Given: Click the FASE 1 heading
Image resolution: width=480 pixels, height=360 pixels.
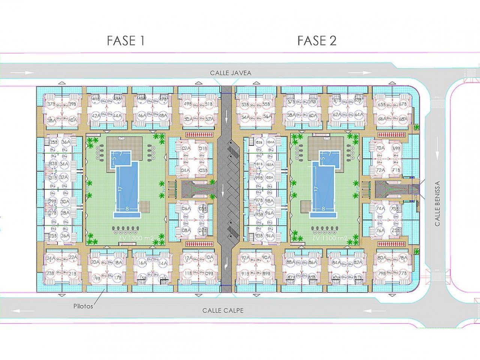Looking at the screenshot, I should point(126,40).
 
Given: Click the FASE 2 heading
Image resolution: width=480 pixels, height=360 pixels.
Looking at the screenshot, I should point(317,40).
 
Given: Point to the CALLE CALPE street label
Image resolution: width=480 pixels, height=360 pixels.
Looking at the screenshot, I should point(223,310).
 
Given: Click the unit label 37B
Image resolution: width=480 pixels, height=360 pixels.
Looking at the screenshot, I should point(51,104).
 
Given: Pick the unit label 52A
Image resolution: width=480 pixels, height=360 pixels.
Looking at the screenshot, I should point(210,119).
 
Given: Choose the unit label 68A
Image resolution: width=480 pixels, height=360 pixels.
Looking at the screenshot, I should point(403,119).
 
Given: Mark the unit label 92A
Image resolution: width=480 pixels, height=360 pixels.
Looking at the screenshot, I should point(246,258).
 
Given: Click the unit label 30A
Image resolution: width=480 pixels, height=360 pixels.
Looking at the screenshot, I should point(65,202).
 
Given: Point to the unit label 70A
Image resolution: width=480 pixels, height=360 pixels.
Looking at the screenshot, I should point(380,148).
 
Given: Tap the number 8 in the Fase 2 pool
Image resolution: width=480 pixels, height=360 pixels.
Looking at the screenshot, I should point(323,209).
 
